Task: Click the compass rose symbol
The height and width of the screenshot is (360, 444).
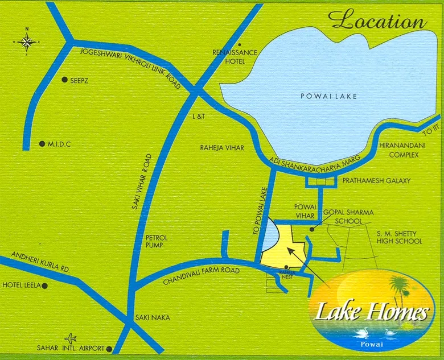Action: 27,41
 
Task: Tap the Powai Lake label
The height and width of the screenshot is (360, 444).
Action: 329,97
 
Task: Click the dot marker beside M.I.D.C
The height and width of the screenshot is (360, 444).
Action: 42,144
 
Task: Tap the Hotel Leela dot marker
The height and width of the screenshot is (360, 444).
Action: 44,285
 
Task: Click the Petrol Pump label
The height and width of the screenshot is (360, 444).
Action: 155,241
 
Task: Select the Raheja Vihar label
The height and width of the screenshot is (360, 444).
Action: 221,148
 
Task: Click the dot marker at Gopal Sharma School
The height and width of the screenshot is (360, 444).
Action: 312,230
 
